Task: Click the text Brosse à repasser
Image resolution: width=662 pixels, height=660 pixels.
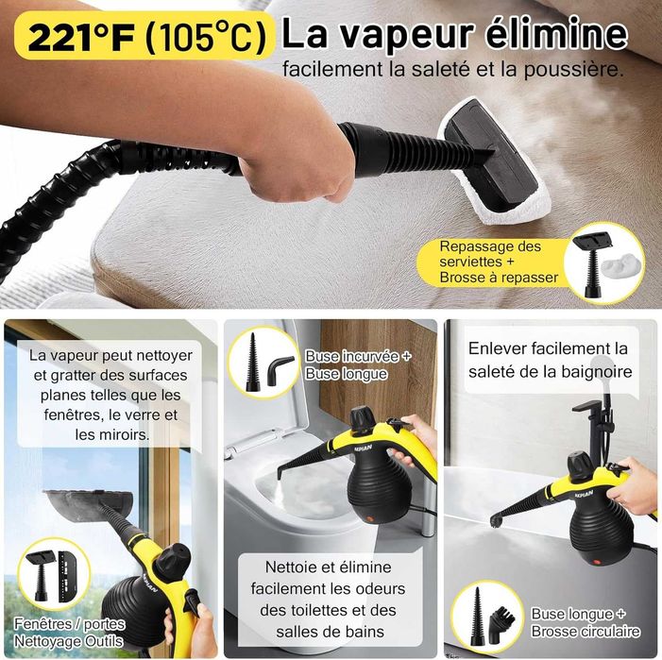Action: [499, 278]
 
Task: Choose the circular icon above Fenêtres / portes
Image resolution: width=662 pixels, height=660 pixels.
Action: [54, 574]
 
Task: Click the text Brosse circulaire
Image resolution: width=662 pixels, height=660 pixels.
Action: [586, 632]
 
